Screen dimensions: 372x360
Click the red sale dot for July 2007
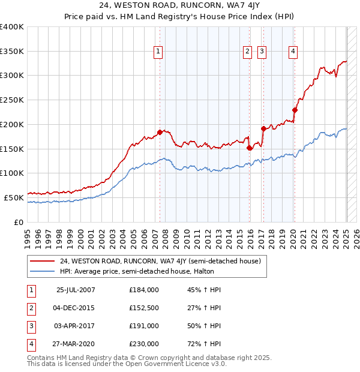[160, 132]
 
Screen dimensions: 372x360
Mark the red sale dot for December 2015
[249, 148]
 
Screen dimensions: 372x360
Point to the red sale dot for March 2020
[295, 110]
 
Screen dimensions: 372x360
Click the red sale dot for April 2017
[263, 128]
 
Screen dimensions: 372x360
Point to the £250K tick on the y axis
[12, 100]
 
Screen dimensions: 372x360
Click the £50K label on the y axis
[14, 197]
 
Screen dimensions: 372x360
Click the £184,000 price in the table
[144, 290]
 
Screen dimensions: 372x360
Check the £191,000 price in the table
[144, 326]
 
